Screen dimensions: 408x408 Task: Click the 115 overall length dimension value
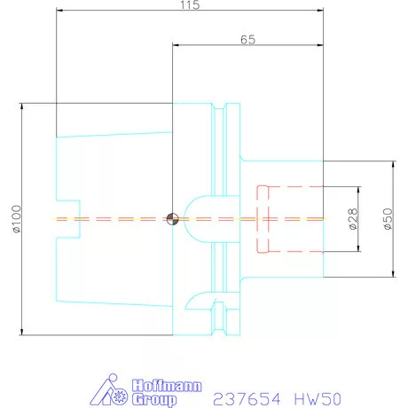(x=189, y=5)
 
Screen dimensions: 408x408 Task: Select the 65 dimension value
(x=247, y=40)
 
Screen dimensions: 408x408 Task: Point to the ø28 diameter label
(x=352, y=219)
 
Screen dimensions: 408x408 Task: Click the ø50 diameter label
(x=387, y=219)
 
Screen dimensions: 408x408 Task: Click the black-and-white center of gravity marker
(x=171, y=218)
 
